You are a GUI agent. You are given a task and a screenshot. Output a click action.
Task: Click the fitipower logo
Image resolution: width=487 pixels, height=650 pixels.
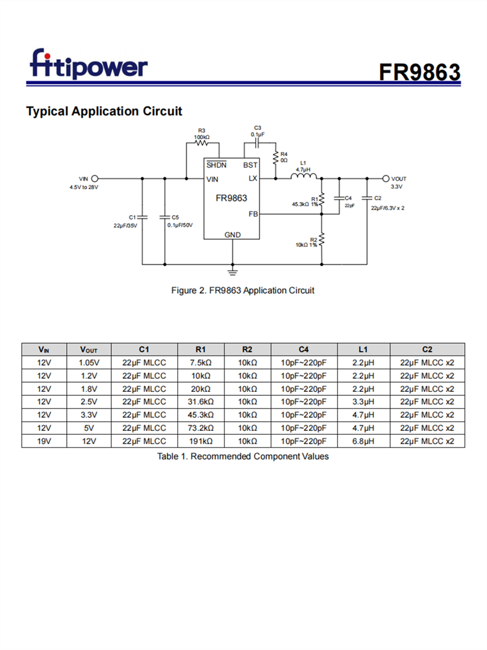coord(88,64)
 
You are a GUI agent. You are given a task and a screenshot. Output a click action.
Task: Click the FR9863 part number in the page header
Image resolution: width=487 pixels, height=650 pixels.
coord(419,72)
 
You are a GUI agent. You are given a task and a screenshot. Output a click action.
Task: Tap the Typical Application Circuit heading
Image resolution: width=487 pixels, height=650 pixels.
coord(104,111)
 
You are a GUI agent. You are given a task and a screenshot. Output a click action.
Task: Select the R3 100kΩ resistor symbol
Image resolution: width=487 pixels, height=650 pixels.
coord(202,143)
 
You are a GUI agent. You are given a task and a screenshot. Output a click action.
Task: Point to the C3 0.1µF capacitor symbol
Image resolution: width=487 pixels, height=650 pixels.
coord(257,143)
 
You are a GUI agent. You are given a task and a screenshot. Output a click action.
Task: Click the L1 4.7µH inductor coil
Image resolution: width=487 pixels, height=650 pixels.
coord(303,176)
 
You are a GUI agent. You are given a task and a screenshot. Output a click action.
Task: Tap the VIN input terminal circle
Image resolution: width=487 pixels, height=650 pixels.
coord(94,179)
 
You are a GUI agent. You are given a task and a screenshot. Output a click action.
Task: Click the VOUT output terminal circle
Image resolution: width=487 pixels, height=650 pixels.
coord(386,179)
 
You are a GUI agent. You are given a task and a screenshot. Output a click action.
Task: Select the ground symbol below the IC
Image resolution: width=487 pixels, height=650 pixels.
coord(232,272)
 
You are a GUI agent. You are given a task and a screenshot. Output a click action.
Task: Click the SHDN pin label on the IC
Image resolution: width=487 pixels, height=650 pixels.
coord(216,164)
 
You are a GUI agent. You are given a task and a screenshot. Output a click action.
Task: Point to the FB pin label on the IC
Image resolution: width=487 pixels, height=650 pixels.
coord(253,214)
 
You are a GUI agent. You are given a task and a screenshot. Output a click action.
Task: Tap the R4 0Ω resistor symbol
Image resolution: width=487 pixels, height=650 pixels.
coord(275,157)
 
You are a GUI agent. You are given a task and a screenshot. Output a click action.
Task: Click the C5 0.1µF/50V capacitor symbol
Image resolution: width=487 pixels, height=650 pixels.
coord(165,217)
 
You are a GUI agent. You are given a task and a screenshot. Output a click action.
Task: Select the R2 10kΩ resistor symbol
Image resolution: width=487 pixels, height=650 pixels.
coord(322,240)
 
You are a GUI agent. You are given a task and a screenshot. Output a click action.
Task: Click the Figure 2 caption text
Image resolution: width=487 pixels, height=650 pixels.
coord(243,290)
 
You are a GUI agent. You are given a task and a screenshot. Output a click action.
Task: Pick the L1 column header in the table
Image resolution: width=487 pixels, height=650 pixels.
coord(363,350)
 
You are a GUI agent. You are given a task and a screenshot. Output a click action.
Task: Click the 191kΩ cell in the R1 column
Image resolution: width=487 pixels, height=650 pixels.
coord(201,441)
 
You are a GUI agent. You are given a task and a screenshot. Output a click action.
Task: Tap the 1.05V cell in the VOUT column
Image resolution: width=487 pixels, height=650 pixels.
coord(89,363)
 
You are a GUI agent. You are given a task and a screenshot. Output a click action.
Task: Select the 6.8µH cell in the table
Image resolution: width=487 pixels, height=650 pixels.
coord(363,441)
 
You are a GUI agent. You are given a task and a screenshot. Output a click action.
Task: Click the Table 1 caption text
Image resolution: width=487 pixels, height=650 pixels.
coord(243,456)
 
